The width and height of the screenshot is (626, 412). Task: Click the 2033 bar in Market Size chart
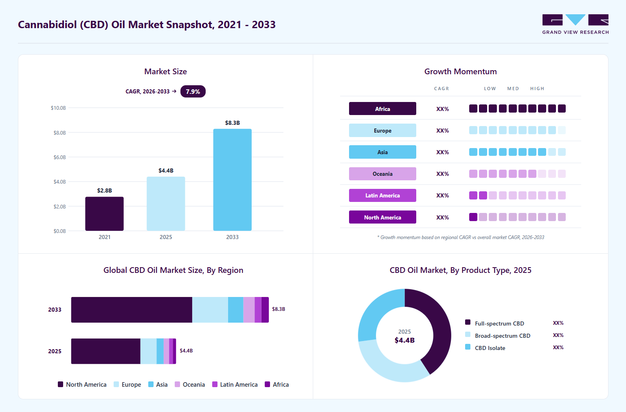click(232, 180)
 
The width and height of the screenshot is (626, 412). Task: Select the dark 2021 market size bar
click(104, 214)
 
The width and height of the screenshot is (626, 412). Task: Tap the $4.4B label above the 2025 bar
click(166, 171)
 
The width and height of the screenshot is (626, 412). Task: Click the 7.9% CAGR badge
click(193, 91)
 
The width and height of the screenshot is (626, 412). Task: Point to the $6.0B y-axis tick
click(59, 157)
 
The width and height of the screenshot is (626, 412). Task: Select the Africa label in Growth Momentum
click(382, 109)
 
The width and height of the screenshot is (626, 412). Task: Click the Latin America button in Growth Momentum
click(382, 195)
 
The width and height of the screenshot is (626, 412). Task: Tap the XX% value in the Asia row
click(442, 152)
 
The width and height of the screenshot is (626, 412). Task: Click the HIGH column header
click(537, 89)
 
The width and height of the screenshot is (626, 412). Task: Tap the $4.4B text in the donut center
click(404, 340)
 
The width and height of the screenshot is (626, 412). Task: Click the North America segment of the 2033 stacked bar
click(132, 310)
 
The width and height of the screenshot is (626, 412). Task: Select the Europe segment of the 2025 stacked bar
click(148, 351)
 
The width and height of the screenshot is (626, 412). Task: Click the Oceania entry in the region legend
click(190, 385)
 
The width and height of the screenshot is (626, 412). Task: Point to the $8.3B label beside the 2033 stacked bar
click(278, 309)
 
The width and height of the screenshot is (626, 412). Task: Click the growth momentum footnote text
click(461, 237)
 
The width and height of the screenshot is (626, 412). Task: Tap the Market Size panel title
click(165, 71)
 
